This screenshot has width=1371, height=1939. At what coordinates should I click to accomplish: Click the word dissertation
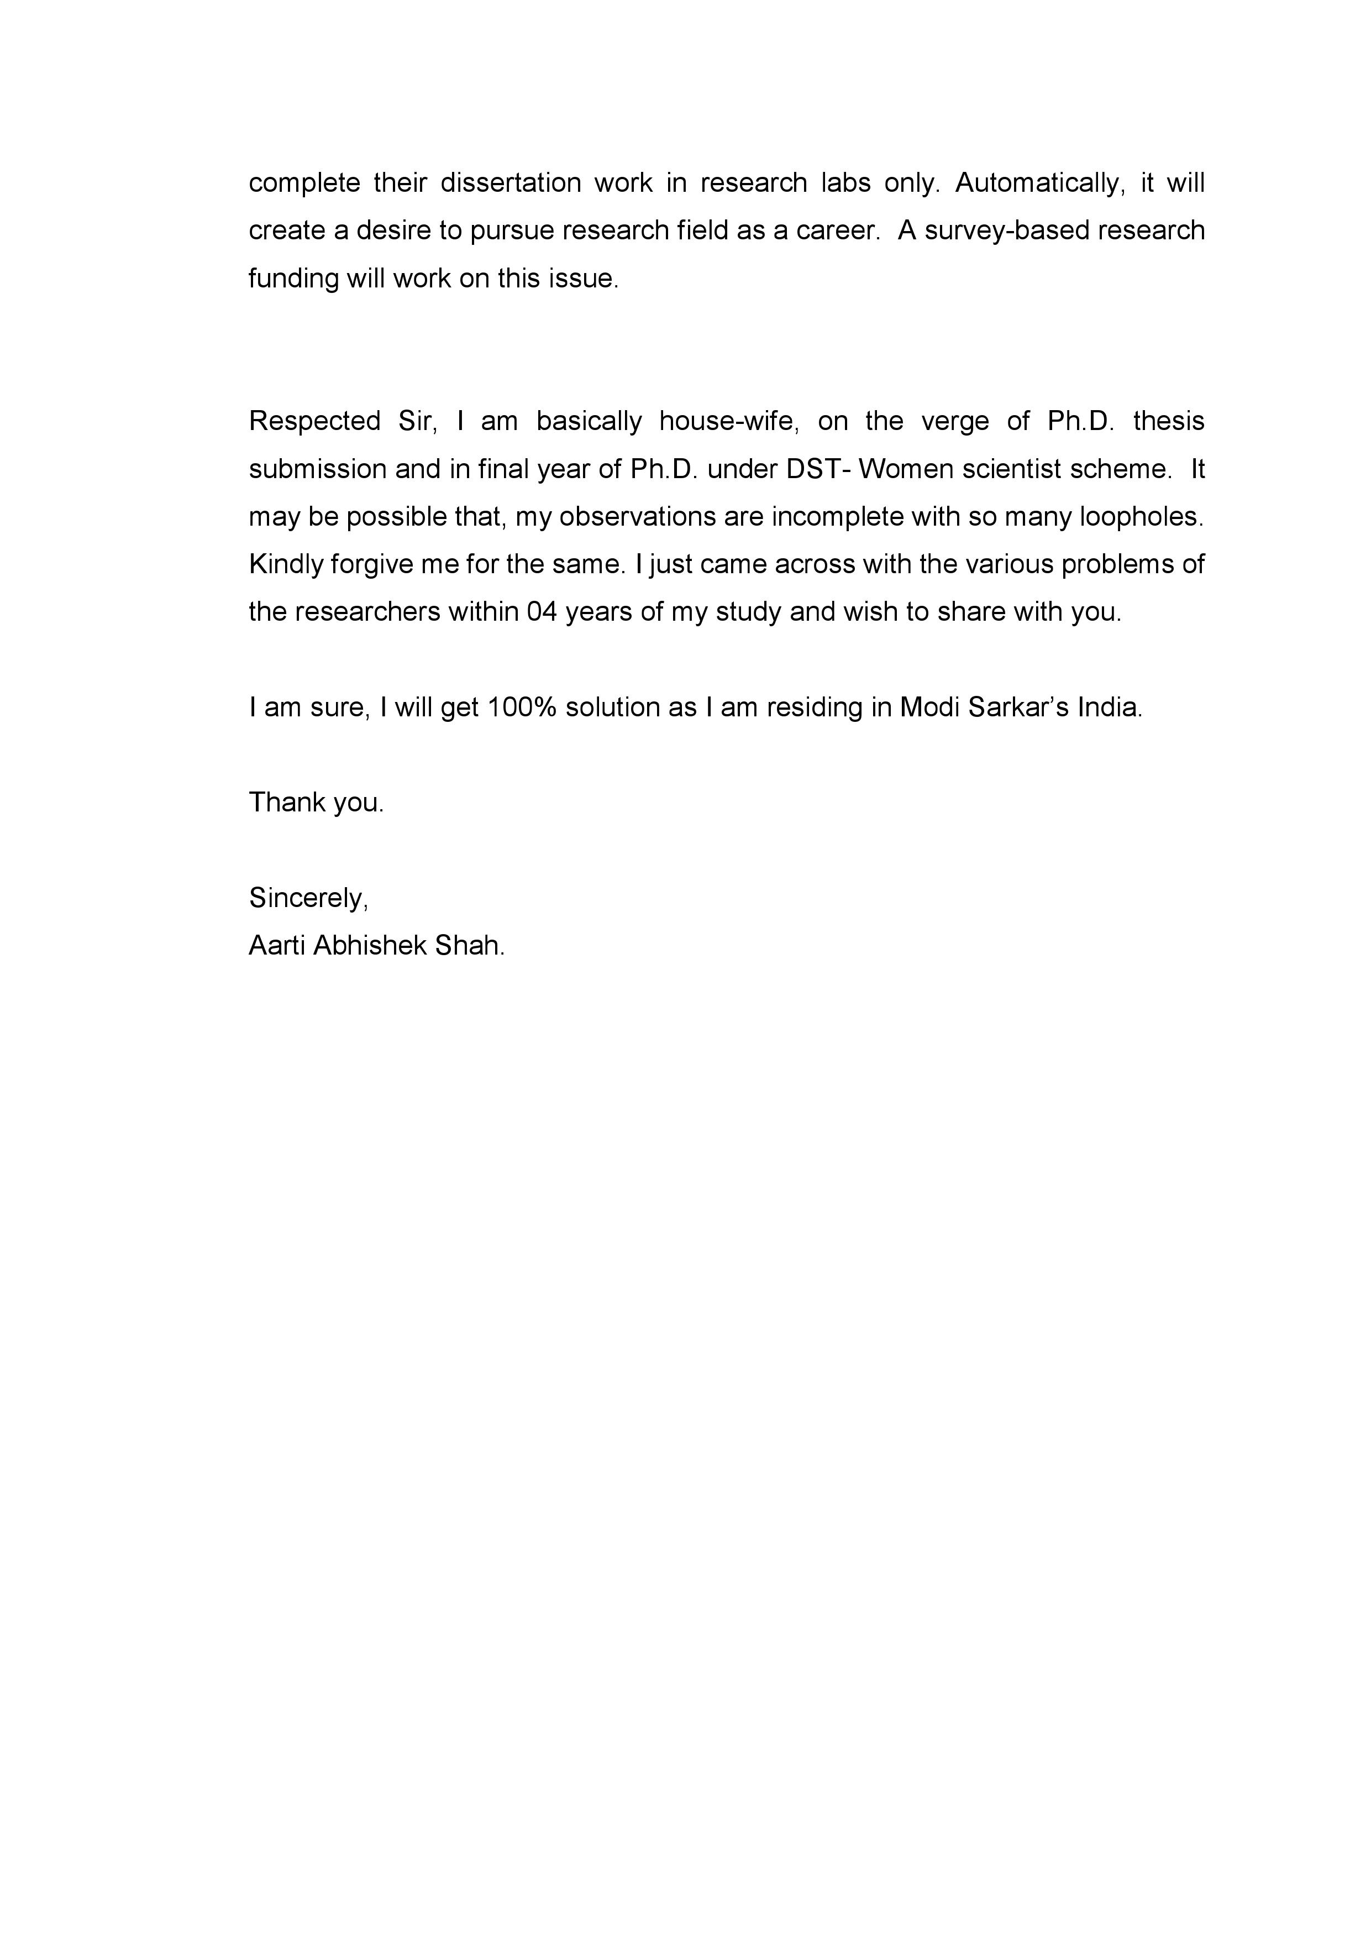[x=510, y=184]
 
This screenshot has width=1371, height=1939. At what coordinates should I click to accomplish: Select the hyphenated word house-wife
[x=728, y=421]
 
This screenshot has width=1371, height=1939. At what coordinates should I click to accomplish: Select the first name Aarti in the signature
[x=277, y=945]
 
